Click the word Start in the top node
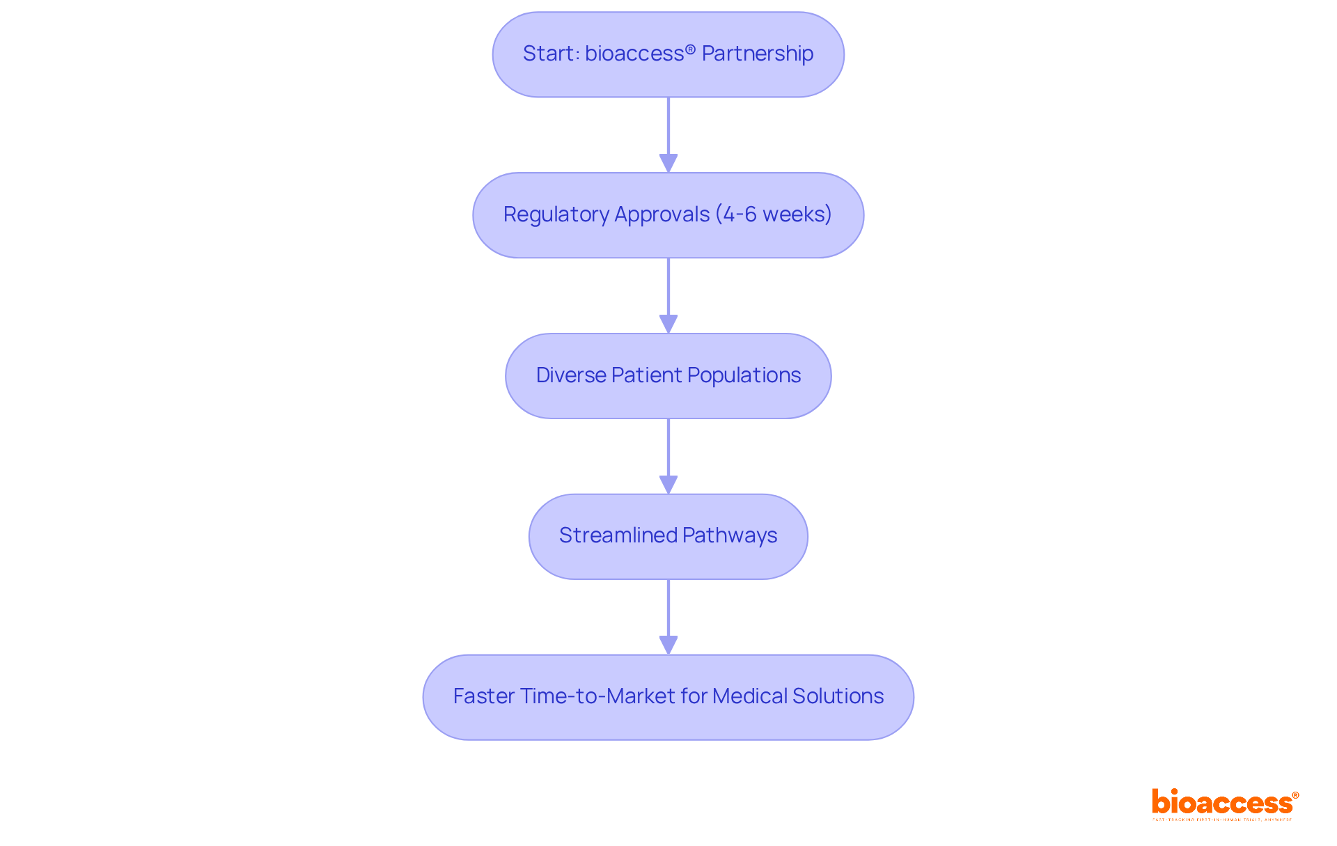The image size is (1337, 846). click(548, 54)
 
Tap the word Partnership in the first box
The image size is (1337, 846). click(757, 54)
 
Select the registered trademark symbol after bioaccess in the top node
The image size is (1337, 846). click(690, 49)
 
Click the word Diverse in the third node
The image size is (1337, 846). click(571, 375)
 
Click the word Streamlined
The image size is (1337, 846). click(618, 535)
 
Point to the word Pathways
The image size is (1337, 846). click(730, 535)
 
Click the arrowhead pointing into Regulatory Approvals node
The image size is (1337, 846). click(668, 163)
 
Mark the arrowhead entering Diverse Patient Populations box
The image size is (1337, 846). click(668, 324)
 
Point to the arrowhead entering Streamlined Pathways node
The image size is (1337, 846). click(668, 485)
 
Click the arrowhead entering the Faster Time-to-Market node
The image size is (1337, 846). click(668, 645)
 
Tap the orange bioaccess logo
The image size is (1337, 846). click(1224, 803)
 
